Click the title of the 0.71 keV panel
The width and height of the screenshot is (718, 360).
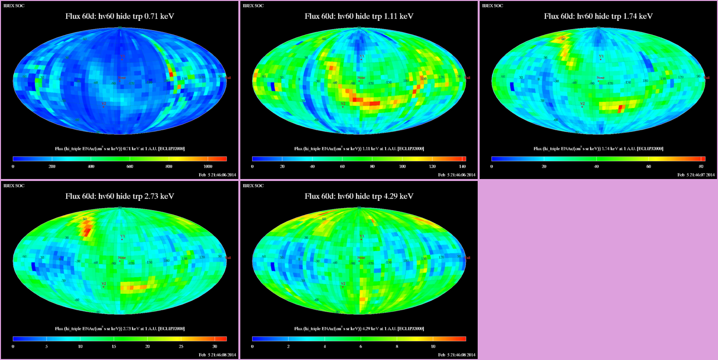click(x=120, y=16)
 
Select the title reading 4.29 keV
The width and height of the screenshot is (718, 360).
click(x=359, y=196)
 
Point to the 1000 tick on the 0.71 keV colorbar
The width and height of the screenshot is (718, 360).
click(x=208, y=167)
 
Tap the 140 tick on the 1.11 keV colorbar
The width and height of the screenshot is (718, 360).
click(x=463, y=167)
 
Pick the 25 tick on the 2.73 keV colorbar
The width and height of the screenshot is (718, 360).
click(x=181, y=347)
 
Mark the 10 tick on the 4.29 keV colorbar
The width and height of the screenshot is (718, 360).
click(x=433, y=347)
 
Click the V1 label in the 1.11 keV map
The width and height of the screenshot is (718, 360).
click(x=361, y=56)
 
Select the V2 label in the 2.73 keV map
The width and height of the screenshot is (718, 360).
click(x=103, y=284)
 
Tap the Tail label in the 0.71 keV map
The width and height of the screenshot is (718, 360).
click(x=228, y=78)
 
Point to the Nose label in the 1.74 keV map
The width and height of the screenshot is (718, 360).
click(x=600, y=78)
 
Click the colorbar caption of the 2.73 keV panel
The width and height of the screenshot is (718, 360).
click(x=120, y=329)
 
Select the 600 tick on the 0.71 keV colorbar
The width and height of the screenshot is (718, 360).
click(x=130, y=167)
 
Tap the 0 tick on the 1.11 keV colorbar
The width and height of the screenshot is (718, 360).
click(x=252, y=167)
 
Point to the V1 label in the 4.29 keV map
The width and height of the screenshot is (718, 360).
click(x=361, y=236)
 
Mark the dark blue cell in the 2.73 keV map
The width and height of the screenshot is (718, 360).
click(x=34, y=267)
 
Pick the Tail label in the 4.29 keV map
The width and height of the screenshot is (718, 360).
click(x=467, y=258)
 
